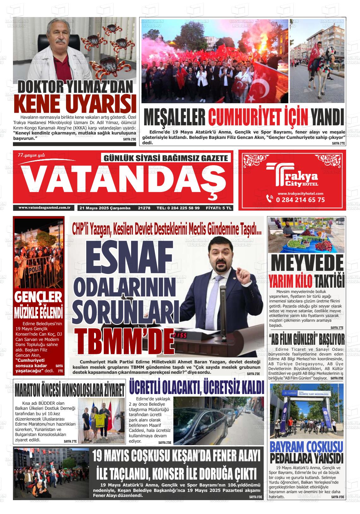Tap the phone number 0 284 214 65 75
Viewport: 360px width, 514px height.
pyautogui.click(x=300, y=200)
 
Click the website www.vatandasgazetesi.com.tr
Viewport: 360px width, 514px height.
pyautogui.click(x=44, y=207)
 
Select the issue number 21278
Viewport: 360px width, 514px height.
pyautogui.click(x=144, y=208)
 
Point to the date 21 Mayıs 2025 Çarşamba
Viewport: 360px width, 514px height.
pyautogui.click(x=105, y=208)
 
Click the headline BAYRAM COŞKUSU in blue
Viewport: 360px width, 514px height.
pyautogui.click(x=306, y=447)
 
